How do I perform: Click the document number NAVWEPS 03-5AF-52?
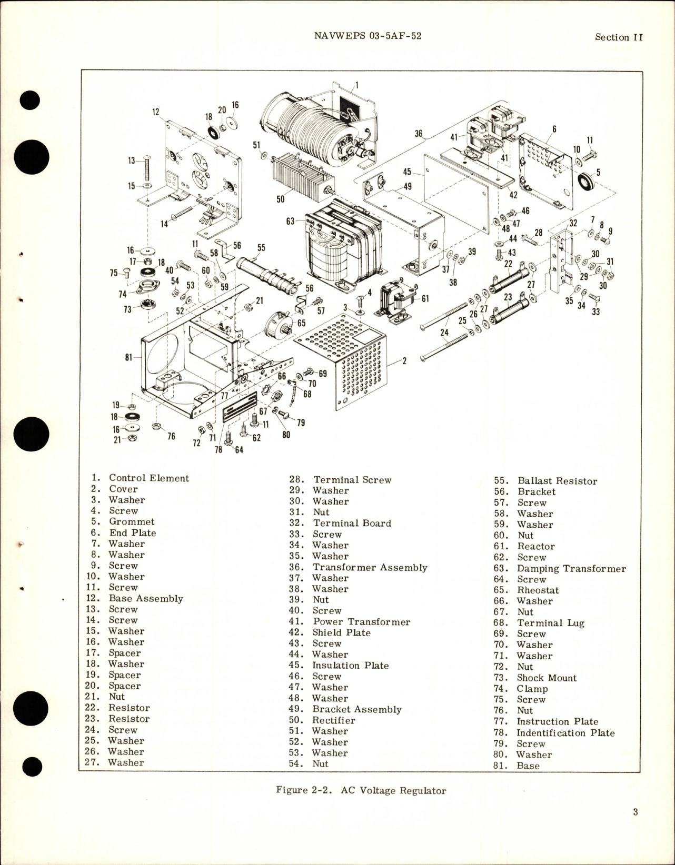click(367, 36)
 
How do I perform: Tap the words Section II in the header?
click(619, 37)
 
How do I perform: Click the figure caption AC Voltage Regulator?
click(361, 790)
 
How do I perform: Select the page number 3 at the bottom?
click(636, 827)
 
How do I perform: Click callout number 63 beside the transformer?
click(290, 221)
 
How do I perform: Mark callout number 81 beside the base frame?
click(128, 357)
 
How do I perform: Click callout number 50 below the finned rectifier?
click(281, 199)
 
